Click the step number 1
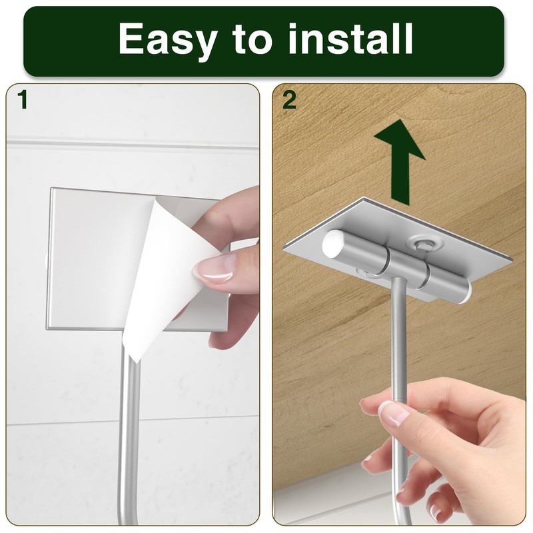(23, 100)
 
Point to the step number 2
(289, 100)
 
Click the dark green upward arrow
(399, 160)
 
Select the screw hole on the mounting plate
(421, 244)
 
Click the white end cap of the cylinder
(333, 245)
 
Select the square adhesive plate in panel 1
(93, 260)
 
